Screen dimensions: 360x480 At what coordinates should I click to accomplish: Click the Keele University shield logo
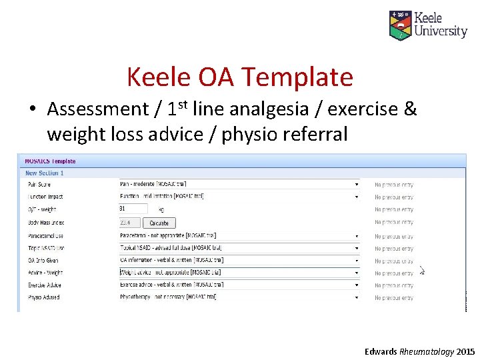click(x=400, y=25)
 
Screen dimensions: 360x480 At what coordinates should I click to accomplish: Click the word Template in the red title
click(x=295, y=77)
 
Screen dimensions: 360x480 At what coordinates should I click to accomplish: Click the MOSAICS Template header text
click(x=50, y=161)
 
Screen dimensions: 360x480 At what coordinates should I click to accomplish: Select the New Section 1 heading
click(x=44, y=173)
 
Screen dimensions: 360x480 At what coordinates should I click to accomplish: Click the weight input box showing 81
click(x=133, y=209)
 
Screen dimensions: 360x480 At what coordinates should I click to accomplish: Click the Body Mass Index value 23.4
click(x=130, y=223)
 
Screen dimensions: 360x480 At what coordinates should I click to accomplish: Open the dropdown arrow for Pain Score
click(x=356, y=185)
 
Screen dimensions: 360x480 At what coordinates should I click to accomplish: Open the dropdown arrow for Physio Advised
click(x=356, y=297)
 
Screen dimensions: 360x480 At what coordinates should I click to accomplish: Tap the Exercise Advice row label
click(x=44, y=285)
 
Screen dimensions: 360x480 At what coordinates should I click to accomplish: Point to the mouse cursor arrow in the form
click(x=421, y=270)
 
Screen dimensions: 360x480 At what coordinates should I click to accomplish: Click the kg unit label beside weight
click(x=161, y=209)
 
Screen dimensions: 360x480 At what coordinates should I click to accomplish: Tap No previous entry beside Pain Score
click(x=393, y=185)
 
